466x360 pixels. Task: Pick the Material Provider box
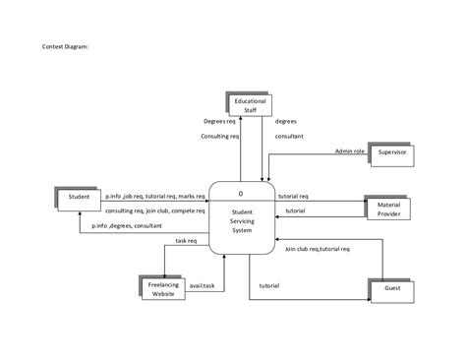click(x=388, y=207)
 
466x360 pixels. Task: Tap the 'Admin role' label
click(x=349, y=151)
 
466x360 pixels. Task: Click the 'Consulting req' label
click(x=220, y=137)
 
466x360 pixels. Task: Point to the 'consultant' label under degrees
click(x=289, y=137)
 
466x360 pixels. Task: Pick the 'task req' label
click(x=187, y=240)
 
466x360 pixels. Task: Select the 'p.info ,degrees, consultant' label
click(x=127, y=225)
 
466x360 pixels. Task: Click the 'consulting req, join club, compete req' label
click(x=154, y=210)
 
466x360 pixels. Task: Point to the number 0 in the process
click(x=241, y=193)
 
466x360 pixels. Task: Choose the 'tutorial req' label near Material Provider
click(x=294, y=196)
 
